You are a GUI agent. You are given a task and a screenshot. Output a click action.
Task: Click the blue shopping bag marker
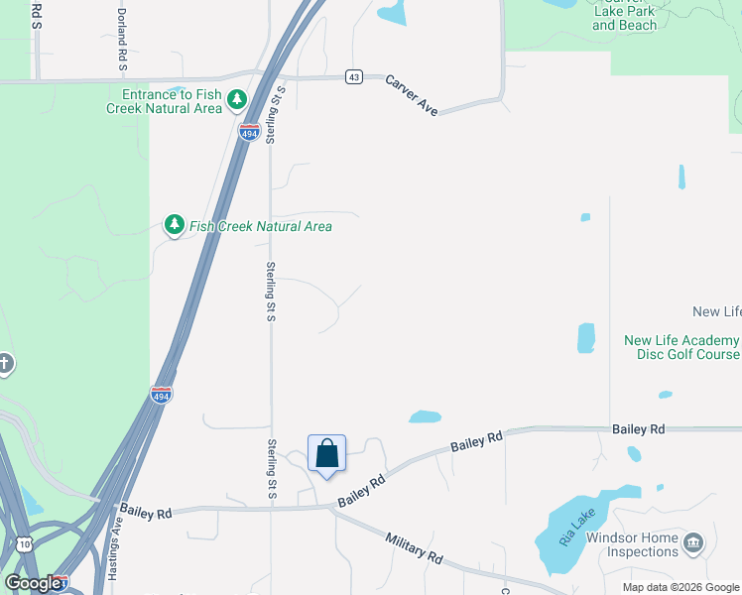327,455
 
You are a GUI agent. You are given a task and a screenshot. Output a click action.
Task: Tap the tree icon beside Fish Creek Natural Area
175,226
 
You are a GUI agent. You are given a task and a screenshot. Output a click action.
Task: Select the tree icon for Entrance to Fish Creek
236,99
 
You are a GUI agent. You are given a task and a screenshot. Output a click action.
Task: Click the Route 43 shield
354,77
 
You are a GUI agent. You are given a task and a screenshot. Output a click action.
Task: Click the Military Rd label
414,544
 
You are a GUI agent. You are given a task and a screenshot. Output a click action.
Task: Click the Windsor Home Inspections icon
692,543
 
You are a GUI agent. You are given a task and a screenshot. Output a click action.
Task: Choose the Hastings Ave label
115,543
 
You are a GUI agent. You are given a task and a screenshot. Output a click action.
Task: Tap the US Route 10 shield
24,543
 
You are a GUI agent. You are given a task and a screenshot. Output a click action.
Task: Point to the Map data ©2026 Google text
681,587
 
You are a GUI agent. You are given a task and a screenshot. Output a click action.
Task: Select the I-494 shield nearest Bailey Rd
161,394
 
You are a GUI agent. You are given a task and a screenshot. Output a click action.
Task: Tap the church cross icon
5,363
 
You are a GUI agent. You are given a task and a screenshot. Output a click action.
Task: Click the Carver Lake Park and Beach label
625,18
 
